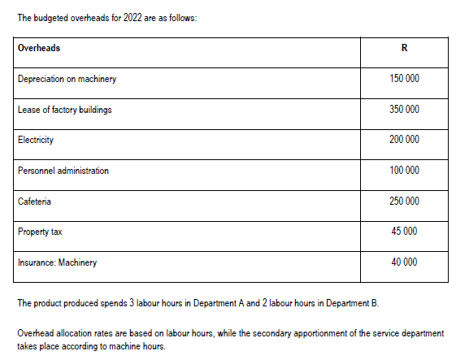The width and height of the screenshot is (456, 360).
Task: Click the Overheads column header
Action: click(39, 48)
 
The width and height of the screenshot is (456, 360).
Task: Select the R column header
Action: click(404, 48)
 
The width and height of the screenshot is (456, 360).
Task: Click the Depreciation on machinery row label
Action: click(67, 80)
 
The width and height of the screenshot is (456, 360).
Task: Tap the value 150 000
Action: click(404, 80)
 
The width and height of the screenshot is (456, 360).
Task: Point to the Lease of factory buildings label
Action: click(65, 110)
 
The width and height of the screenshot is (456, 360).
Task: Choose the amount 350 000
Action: click(404, 110)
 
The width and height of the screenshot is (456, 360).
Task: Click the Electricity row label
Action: click(36, 140)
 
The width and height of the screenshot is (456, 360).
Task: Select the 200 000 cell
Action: click(404, 140)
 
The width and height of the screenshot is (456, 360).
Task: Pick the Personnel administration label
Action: click(63, 171)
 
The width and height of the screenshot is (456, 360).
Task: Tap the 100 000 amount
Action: click(404, 171)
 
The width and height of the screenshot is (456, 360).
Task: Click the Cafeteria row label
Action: click(34, 201)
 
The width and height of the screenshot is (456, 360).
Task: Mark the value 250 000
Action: click(404, 201)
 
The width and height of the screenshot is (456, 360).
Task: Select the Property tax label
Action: click(40, 232)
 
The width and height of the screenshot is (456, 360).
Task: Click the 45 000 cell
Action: click(404, 232)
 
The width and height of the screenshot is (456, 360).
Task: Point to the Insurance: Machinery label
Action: click(57, 262)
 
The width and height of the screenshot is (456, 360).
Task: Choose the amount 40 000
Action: click(404, 262)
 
